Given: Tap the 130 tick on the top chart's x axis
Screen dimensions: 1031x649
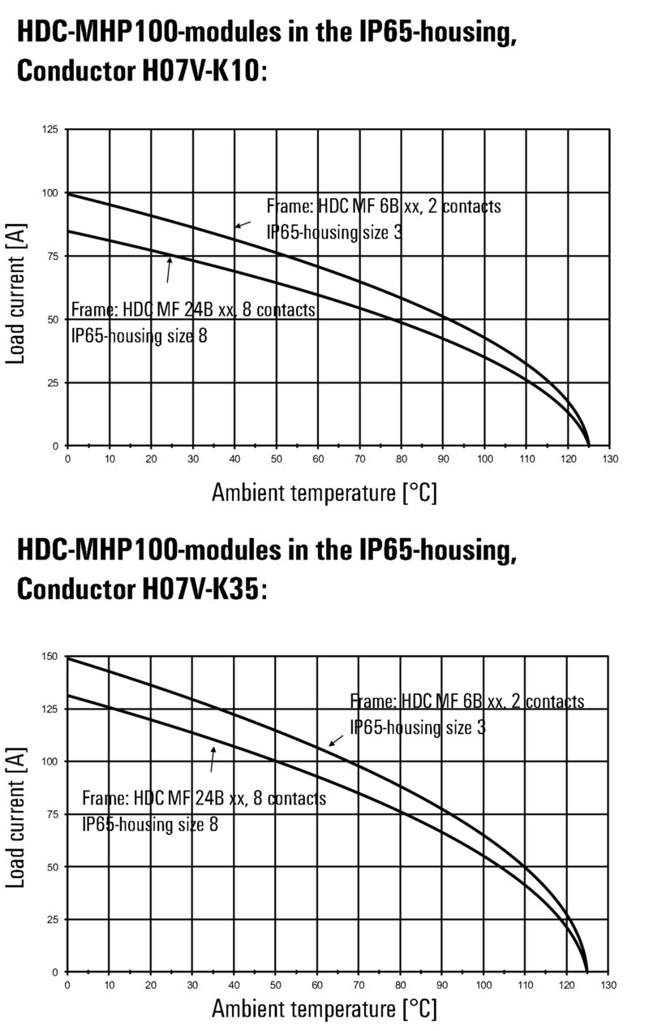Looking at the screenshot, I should (610, 459).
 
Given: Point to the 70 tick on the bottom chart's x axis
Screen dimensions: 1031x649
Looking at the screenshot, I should (359, 986).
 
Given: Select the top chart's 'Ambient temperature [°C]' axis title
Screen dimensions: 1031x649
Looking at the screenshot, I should (324, 491).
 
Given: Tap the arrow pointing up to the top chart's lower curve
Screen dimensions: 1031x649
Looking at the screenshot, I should (169, 269).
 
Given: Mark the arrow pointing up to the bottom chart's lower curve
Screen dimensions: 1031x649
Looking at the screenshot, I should (213, 759).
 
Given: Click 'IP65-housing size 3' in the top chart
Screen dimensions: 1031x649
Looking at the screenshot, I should (334, 232).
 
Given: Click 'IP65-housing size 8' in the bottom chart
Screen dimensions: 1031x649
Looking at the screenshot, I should (150, 824).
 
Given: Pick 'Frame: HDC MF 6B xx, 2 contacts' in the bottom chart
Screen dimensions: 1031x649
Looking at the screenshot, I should (466, 701).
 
